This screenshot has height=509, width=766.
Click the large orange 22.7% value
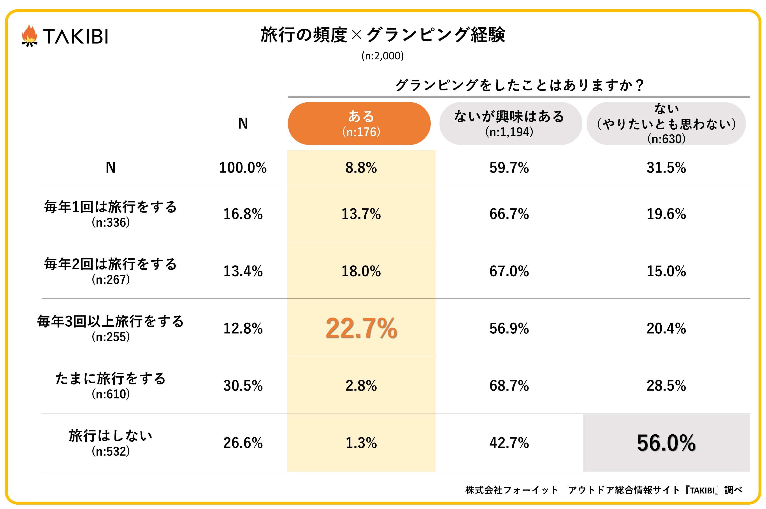tap(361, 328)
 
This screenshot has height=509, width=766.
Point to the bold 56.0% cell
tap(666, 443)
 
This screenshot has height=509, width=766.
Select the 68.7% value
tap(509, 386)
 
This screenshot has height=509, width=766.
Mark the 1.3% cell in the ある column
tap(361, 443)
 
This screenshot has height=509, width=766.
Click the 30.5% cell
tap(243, 386)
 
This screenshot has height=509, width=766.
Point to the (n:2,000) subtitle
tap(383, 56)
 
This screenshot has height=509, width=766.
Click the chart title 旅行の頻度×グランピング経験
tap(383, 35)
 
